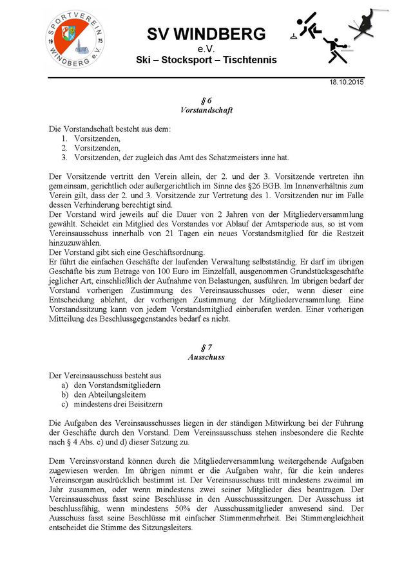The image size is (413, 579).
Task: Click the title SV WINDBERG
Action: coord(206,33)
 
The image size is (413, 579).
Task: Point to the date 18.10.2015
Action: coord(347,83)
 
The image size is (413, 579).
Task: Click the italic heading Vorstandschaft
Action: coord(206,110)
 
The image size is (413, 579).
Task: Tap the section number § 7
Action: coord(206,347)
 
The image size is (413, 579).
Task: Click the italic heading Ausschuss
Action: coord(206,356)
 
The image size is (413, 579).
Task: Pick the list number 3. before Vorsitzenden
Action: coord(65,157)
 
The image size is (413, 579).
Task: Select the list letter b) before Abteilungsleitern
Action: coord(65,394)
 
